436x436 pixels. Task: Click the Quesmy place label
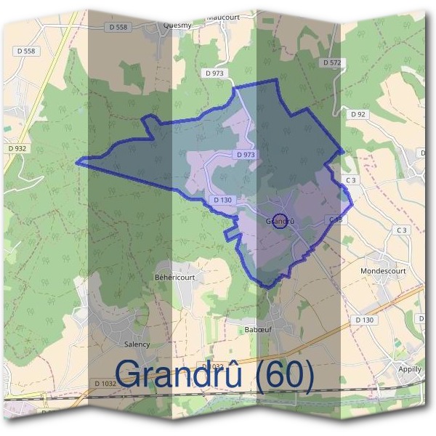pos(178,24)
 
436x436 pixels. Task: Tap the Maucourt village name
pos(222,17)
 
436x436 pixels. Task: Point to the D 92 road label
pos(358,114)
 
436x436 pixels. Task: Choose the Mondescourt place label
pos(383,271)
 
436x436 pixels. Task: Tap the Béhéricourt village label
pos(175,277)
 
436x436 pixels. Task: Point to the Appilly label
pos(410,368)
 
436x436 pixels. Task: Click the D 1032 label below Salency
pos(105,383)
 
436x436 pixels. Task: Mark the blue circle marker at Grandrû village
pos(278,221)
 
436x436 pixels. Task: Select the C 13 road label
pos(335,219)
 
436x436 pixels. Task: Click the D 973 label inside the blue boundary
pos(246,155)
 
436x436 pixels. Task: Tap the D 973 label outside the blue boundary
pos(215,73)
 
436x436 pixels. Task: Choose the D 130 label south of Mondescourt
pos(365,320)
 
